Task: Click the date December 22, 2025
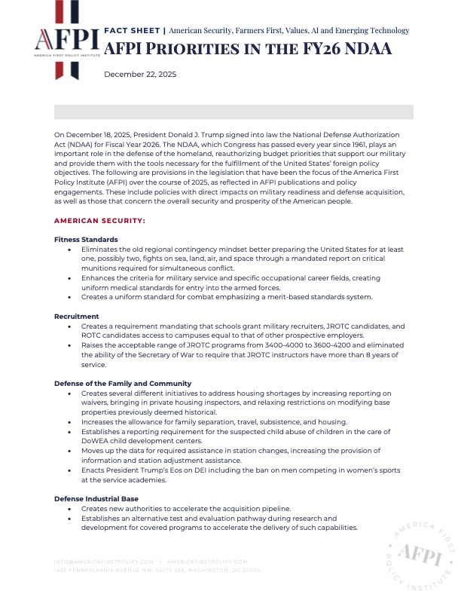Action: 137,74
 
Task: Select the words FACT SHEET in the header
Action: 131,31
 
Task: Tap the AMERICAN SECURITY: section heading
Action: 99,221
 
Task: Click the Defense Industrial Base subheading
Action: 93,499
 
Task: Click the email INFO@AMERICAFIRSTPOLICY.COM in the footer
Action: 104,562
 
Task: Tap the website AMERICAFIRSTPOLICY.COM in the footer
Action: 207,562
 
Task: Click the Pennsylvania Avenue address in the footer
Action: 157,571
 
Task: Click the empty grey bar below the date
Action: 234,112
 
